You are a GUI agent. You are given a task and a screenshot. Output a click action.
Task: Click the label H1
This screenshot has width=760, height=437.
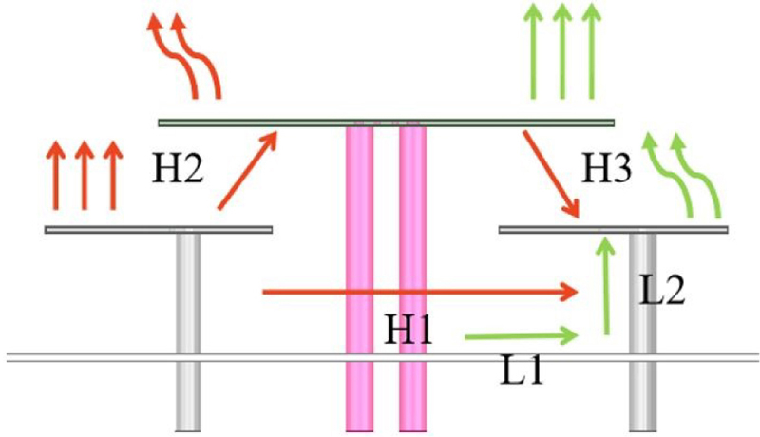tap(408, 330)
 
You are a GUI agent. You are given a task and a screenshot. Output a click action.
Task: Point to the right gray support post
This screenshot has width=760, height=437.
tap(643, 361)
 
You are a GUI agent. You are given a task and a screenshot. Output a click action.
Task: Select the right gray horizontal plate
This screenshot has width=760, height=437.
tap(613, 229)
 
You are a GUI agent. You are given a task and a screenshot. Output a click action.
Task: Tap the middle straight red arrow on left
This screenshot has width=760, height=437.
tap(83, 176)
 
